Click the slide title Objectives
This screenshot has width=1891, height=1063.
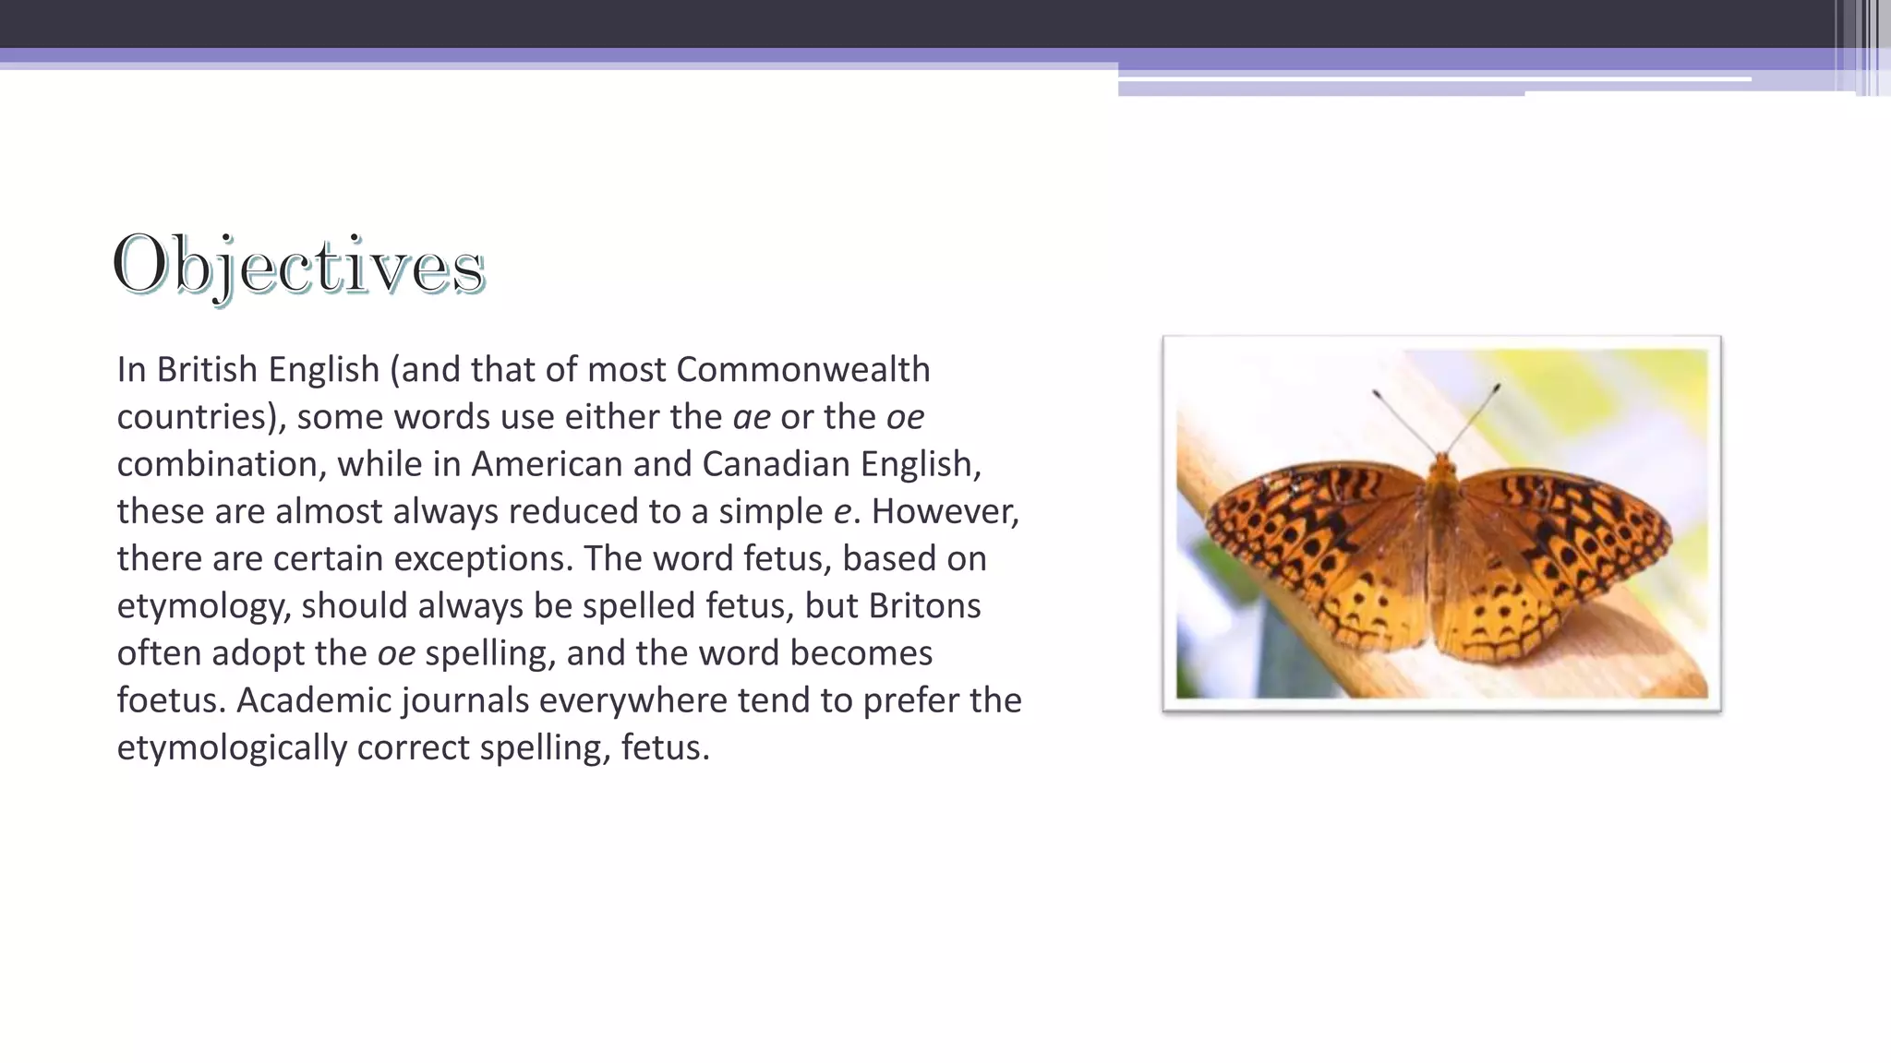coord(298,266)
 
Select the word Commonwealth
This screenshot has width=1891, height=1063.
coord(802,369)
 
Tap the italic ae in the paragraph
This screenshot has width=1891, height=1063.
coord(751,417)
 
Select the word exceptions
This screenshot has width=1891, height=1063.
coord(479,558)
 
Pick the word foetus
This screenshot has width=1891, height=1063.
coord(169,700)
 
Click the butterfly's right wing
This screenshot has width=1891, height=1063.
coord(1560,544)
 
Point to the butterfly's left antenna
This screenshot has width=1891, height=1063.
coord(1403,420)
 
